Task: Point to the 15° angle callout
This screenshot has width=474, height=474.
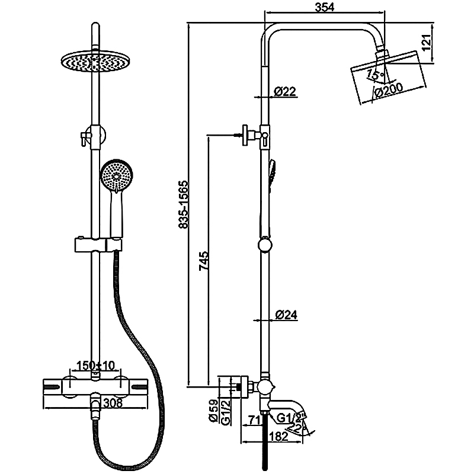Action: pos(373,74)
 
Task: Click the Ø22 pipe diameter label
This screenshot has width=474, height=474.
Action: pos(285,91)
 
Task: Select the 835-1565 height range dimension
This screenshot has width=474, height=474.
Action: pos(183,205)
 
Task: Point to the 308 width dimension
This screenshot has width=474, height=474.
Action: pos(113,403)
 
